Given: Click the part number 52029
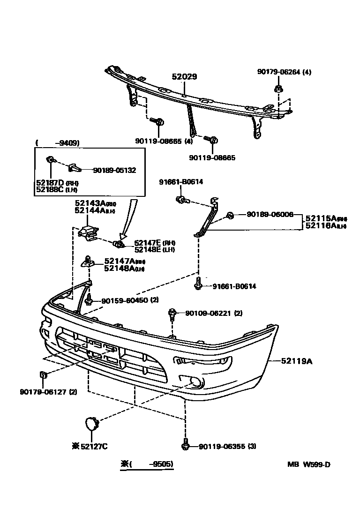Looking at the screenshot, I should (184, 76).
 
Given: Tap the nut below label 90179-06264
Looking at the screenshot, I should (278, 89).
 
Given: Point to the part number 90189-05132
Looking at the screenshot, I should (114, 170).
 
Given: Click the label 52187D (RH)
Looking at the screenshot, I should (57, 182).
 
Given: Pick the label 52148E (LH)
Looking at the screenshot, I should (154, 249).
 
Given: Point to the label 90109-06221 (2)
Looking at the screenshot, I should (213, 313).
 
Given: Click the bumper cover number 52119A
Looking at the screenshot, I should (297, 361).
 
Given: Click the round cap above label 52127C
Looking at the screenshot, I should (90, 424).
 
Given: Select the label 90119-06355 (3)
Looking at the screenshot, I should (226, 446).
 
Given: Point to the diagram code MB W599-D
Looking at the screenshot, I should (309, 464).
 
